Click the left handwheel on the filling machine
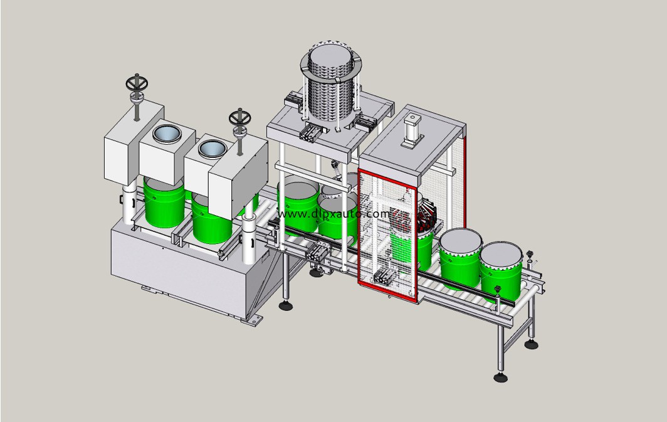coord(137,83)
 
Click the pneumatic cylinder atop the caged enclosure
coord(412,130)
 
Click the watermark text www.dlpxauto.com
coord(333,214)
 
